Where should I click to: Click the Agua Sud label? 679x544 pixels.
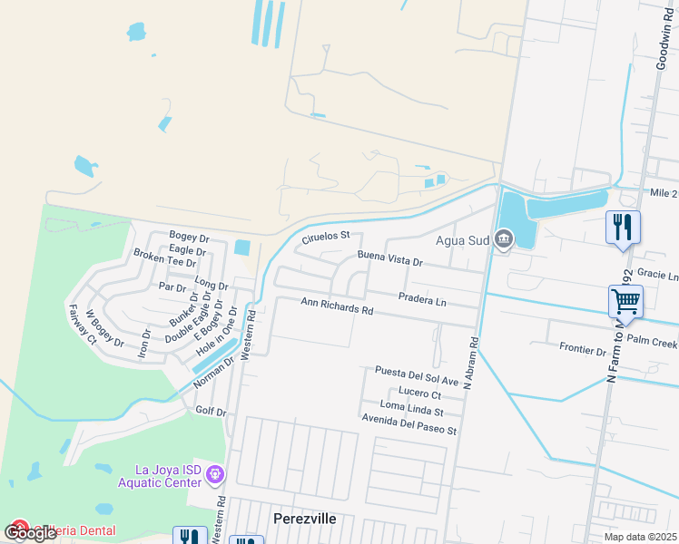pyautogui.click(x=463, y=240)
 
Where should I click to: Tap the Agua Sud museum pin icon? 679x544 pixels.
pyautogui.click(x=504, y=240)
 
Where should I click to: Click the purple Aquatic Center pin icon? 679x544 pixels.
pyautogui.click(x=215, y=474)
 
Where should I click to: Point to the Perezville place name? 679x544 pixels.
pyautogui.click(x=305, y=519)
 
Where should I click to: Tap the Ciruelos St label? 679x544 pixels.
pyautogui.click(x=325, y=237)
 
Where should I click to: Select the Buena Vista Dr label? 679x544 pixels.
pyautogui.click(x=390, y=260)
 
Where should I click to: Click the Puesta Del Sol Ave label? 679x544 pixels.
pyautogui.click(x=418, y=371)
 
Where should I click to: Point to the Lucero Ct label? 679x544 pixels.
pyautogui.click(x=419, y=395)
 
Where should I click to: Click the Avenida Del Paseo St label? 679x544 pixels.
pyautogui.click(x=408, y=430)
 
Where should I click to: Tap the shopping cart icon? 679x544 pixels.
pyautogui.click(x=625, y=300)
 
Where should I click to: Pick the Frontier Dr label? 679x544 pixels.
pyautogui.click(x=583, y=350)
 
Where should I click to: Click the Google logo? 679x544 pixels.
pyautogui.click(x=31, y=533)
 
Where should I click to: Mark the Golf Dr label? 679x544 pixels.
pyautogui.click(x=211, y=412)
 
